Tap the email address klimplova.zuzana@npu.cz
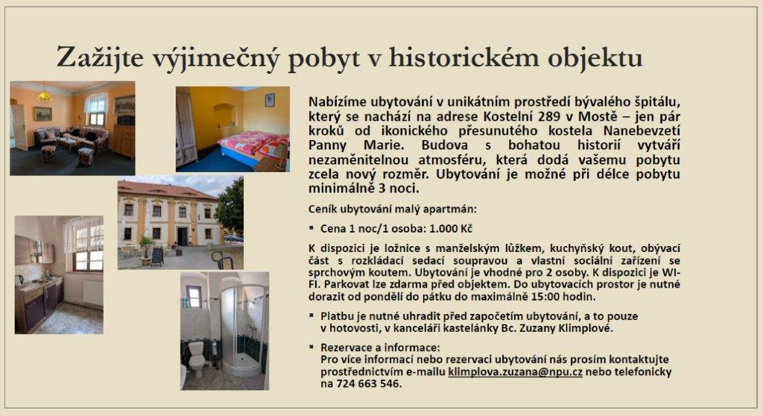pyautogui.click(x=515, y=372)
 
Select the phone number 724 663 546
pyautogui.click(x=368, y=383)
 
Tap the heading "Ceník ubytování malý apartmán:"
pyautogui.click(x=393, y=209)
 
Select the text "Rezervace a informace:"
pyautogui.click(x=380, y=348)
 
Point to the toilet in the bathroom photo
pyautogui.click(x=197, y=358)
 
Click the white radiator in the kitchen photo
pyautogui.click(x=92, y=292)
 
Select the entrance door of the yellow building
pyautogui.click(x=183, y=236)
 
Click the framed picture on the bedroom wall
pyautogui.click(x=270, y=100)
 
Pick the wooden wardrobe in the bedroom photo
pyautogui.click(x=186, y=127)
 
